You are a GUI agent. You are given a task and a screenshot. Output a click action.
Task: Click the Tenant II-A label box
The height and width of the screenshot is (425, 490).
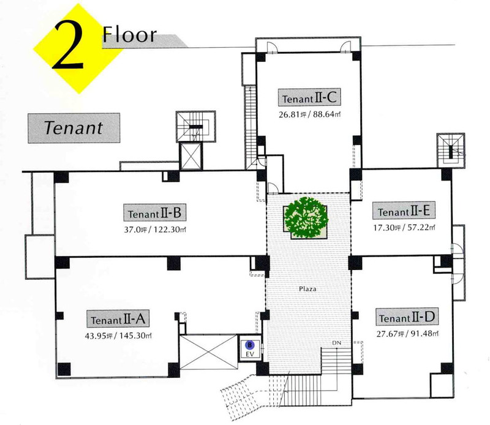click(x=118, y=318)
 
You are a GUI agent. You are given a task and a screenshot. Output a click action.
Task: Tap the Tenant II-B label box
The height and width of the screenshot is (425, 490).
click(x=154, y=212)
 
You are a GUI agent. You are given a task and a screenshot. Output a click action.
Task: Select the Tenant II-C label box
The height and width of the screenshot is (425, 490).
click(x=309, y=97)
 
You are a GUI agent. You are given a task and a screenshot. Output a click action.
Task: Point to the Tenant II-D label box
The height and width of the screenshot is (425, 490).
click(x=407, y=317)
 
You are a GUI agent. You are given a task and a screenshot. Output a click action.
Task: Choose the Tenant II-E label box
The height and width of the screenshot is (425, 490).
click(x=404, y=210)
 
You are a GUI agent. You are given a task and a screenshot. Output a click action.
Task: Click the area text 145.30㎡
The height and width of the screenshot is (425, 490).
click(x=136, y=336)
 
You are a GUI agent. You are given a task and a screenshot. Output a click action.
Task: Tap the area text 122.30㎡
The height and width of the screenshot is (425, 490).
click(x=170, y=230)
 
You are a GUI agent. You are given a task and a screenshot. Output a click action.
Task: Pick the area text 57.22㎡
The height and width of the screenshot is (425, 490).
click(x=421, y=227)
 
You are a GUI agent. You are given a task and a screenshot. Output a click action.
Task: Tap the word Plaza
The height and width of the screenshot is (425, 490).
click(x=307, y=289)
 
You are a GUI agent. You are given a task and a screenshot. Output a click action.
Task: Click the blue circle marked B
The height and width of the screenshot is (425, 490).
click(x=250, y=345)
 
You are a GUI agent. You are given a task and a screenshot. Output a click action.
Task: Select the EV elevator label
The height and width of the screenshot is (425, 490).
click(x=250, y=354)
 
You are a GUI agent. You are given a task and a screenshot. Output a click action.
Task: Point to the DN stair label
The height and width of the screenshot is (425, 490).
click(x=336, y=343)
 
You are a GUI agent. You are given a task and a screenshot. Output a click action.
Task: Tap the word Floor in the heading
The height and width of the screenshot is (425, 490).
click(x=129, y=34)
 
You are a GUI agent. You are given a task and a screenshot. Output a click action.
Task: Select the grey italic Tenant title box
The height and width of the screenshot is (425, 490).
click(x=74, y=128)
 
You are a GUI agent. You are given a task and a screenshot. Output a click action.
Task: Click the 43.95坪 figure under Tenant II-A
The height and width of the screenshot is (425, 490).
click(x=99, y=336)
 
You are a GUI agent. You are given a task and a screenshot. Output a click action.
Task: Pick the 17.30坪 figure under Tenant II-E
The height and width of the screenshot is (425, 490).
click(x=387, y=227)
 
